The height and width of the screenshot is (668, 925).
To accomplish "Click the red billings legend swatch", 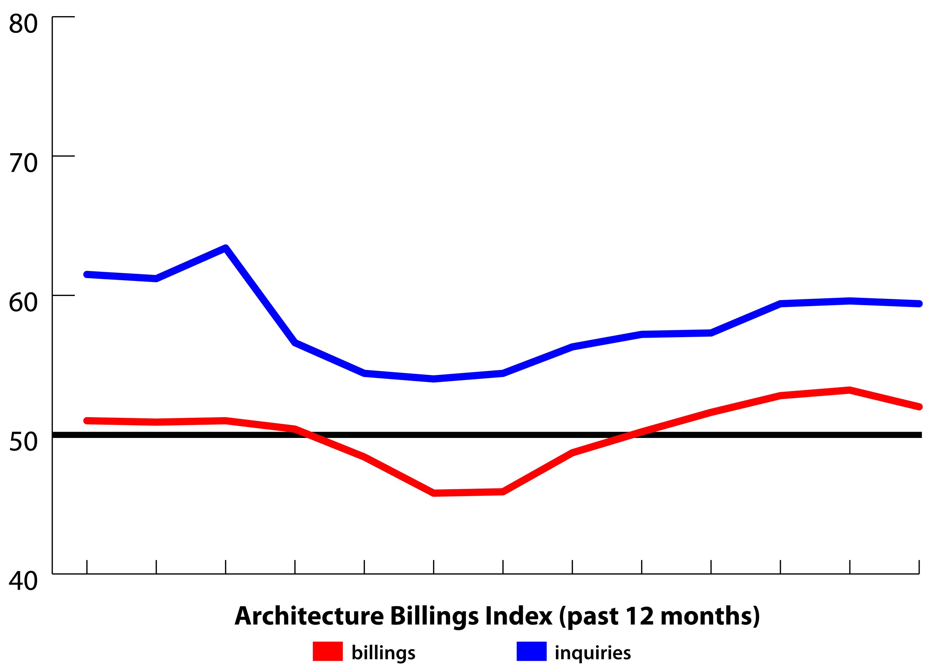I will [x=327, y=651].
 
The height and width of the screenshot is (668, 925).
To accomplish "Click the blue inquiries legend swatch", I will [x=531, y=651].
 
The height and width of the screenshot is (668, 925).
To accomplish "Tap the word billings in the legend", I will [x=383, y=652].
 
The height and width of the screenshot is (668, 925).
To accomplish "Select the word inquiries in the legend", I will [x=593, y=652].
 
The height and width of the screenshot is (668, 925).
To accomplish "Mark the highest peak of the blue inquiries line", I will [x=226, y=248].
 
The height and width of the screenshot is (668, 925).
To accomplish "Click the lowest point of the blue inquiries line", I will [x=434, y=379].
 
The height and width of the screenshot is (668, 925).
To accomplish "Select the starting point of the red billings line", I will [x=87, y=420].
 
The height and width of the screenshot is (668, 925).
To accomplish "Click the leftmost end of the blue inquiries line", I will [x=87, y=274].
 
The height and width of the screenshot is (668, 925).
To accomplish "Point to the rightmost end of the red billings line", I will [x=919, y=407].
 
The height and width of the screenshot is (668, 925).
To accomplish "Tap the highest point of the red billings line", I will [x=850, y=390].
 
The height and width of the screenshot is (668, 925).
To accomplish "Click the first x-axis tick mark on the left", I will [x=87, y=566].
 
